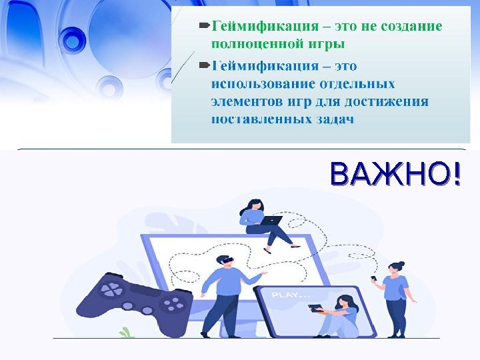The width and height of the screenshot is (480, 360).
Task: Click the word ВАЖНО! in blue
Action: click(395, 175)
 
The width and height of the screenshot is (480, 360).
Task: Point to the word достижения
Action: click(391, 102)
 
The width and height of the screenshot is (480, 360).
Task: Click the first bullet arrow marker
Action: click(205, 26)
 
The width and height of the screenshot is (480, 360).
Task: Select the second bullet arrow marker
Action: click(205, 66)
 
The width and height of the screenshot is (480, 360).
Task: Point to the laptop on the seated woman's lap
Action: click(271, 219)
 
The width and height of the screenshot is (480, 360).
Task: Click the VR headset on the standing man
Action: click(225, 261)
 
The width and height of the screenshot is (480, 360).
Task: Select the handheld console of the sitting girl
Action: click(313, 307)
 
